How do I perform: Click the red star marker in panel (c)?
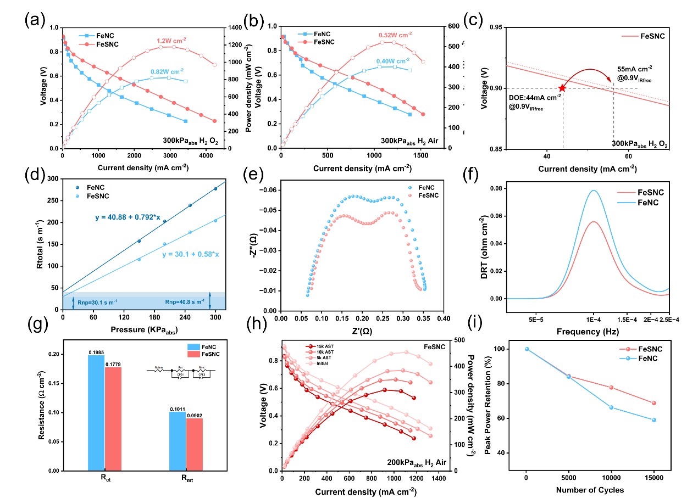point(562,88)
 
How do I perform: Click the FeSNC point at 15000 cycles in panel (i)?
point(654,403)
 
